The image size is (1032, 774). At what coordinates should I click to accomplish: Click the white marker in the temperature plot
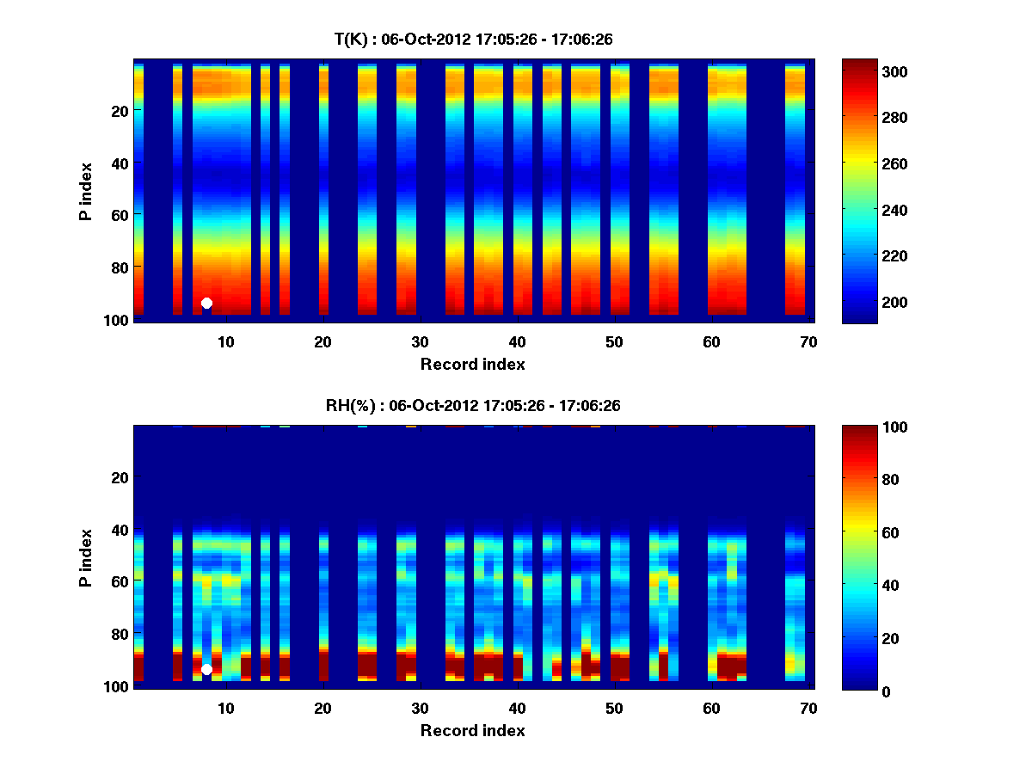tap(206, 303)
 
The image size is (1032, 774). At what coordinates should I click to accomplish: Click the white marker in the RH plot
tap(206, 669)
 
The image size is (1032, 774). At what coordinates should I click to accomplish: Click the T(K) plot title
tap(473, 39)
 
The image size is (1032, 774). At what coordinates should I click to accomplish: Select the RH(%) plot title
tap(473, 405)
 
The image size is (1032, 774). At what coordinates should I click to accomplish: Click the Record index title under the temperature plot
tap(473, 365)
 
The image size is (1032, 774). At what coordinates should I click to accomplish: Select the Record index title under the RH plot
tap(473, 731)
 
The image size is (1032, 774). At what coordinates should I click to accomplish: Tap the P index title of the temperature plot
tap(86, 191)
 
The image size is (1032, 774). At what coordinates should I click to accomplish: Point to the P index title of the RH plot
tap(86, 557)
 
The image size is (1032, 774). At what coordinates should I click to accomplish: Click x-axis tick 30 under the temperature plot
tap(420, 341)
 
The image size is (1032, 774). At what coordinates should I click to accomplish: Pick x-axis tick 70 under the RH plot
tap(808, 708)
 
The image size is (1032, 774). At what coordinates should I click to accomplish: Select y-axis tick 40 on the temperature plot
tap(119, 163)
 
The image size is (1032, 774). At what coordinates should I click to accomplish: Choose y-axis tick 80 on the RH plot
tap(119, 634)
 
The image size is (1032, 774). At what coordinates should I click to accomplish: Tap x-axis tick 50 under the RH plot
tap(614, 708)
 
